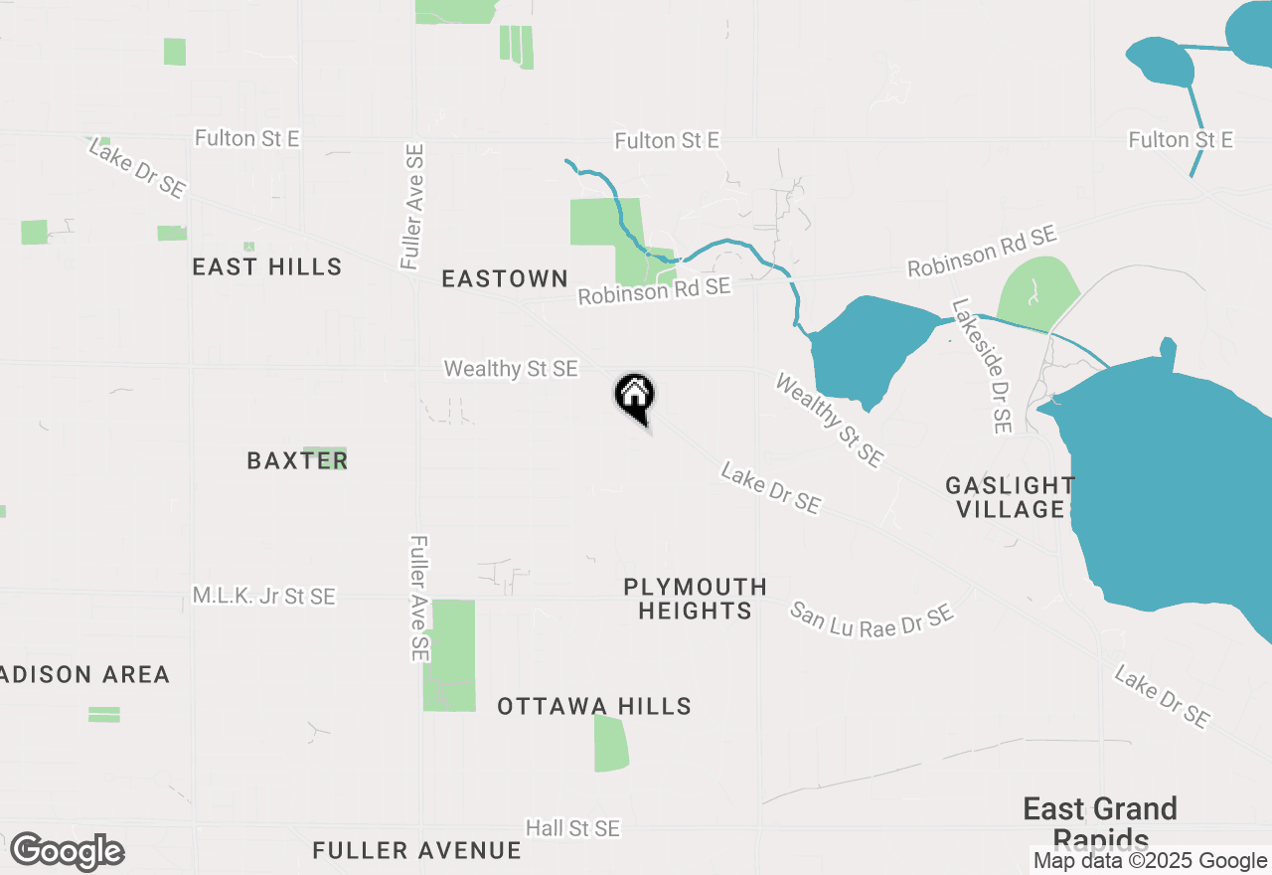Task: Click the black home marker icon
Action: pos(634,396)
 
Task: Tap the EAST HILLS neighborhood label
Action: pos(266,266)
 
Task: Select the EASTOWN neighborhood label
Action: pos(505,278)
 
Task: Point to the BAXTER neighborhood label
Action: pos(297,460)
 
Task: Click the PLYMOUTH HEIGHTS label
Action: pos(696,599)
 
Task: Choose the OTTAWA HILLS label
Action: pos(594,706)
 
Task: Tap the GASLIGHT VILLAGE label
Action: pos(1009,497)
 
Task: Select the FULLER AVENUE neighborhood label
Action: pos(416,850)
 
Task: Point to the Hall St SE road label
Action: pos(572,828)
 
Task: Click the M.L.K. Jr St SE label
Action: pos(264,597)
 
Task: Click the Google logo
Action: pos(67,852)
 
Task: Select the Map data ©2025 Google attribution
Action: pos(1150,861)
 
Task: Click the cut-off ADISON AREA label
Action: pos(85,674)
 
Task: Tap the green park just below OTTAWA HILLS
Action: pos(611,743)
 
